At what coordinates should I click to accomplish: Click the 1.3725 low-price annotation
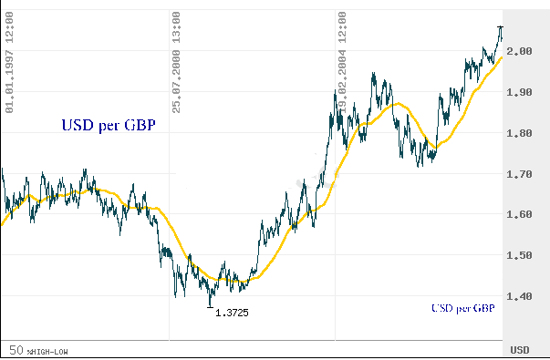pyautogui.click(x=232, y=313)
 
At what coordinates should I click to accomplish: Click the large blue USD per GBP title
pyautogui.click(x=107, y=127)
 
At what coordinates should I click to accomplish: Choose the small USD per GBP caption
pyautogui.click(x=462, y=309)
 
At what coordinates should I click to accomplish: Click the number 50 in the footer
pyautogui.click(x=16, y=350)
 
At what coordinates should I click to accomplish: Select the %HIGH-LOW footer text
pyautogui.click(x=47, y=351)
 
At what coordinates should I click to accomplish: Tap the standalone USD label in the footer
pyautogui.click(x=519, y=350)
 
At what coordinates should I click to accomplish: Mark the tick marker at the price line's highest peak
pyautogui.click(x=500, y=27)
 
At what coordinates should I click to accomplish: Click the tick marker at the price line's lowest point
pyautogui.click(x=211, y=306)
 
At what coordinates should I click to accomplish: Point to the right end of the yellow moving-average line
pyautogui.click(x=502, y=57)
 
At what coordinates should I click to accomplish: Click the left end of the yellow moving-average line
pyautogui.click(x=2, y=223)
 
